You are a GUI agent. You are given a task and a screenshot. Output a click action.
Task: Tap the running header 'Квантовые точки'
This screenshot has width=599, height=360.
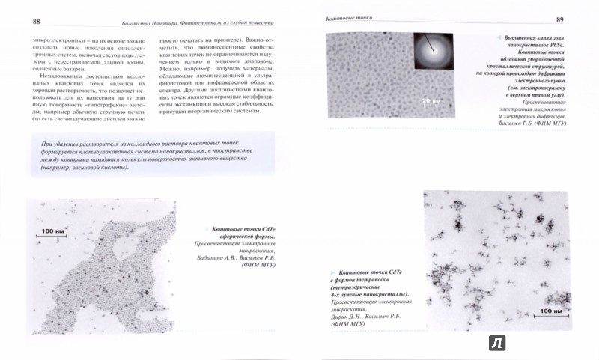click(341, 16)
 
